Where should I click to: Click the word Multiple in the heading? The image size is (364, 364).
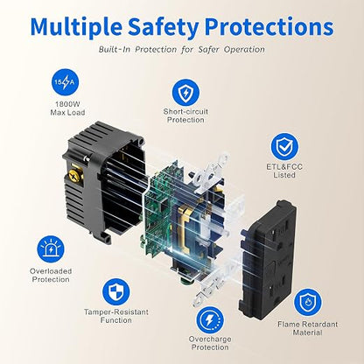coord(76,26)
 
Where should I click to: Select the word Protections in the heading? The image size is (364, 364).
coord(269,26)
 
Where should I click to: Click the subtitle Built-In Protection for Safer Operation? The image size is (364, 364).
coord(182,49)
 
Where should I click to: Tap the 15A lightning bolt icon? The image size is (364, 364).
coord(65,82)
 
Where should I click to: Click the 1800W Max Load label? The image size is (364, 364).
coord(67,108)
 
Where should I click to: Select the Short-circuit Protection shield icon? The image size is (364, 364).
coord(185,93)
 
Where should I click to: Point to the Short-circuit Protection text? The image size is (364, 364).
coord(185,115)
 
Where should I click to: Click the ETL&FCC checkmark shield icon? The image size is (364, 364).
coord(284,147)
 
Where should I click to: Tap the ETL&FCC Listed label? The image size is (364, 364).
coord(284,171)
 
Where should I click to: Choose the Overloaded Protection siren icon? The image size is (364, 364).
coord(51,249)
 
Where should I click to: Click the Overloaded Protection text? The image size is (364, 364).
coord(51,275)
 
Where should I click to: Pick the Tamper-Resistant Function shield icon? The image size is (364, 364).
coord(116,291)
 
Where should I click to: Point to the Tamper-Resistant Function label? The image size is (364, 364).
coord(116,316)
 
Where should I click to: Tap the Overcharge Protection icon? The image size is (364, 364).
coord(210,320)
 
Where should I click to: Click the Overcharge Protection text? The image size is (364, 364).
coord(210,343)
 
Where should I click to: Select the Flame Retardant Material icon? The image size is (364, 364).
coord(307,302)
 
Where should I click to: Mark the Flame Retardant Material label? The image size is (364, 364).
coord(307,328)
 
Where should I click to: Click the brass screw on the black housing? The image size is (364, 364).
coord(75,174)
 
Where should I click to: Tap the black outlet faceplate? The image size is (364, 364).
coord(268,259)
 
